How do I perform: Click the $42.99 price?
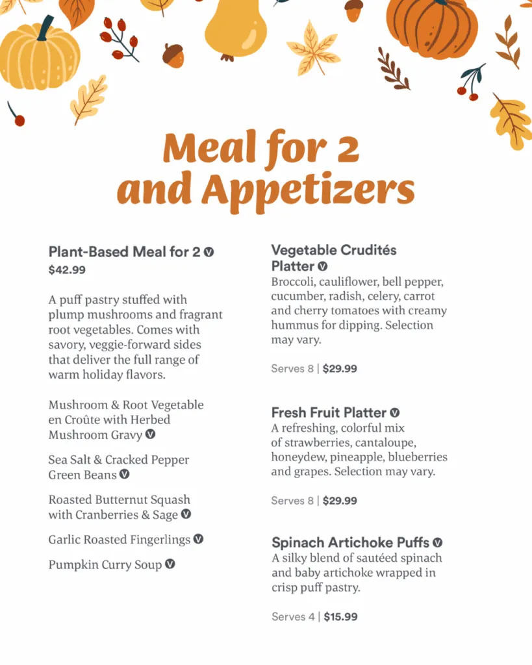[67, 270]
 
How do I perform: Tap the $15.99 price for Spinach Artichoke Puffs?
[340, 617]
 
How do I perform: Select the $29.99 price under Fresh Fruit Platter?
[340, 501]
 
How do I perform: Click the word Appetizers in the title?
[307, 190]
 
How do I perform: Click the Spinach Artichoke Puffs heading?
[350, 543]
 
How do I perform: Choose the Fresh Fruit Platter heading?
[329, 413]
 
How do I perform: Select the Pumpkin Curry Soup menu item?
[105, 565]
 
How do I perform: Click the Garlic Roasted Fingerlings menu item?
[119, 540]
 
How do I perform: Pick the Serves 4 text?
[292, 617]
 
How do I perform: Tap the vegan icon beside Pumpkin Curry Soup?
[170, 564]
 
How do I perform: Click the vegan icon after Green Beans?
[125, 475]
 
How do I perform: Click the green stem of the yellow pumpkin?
[45, 27]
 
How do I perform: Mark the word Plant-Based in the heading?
[88, 252]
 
